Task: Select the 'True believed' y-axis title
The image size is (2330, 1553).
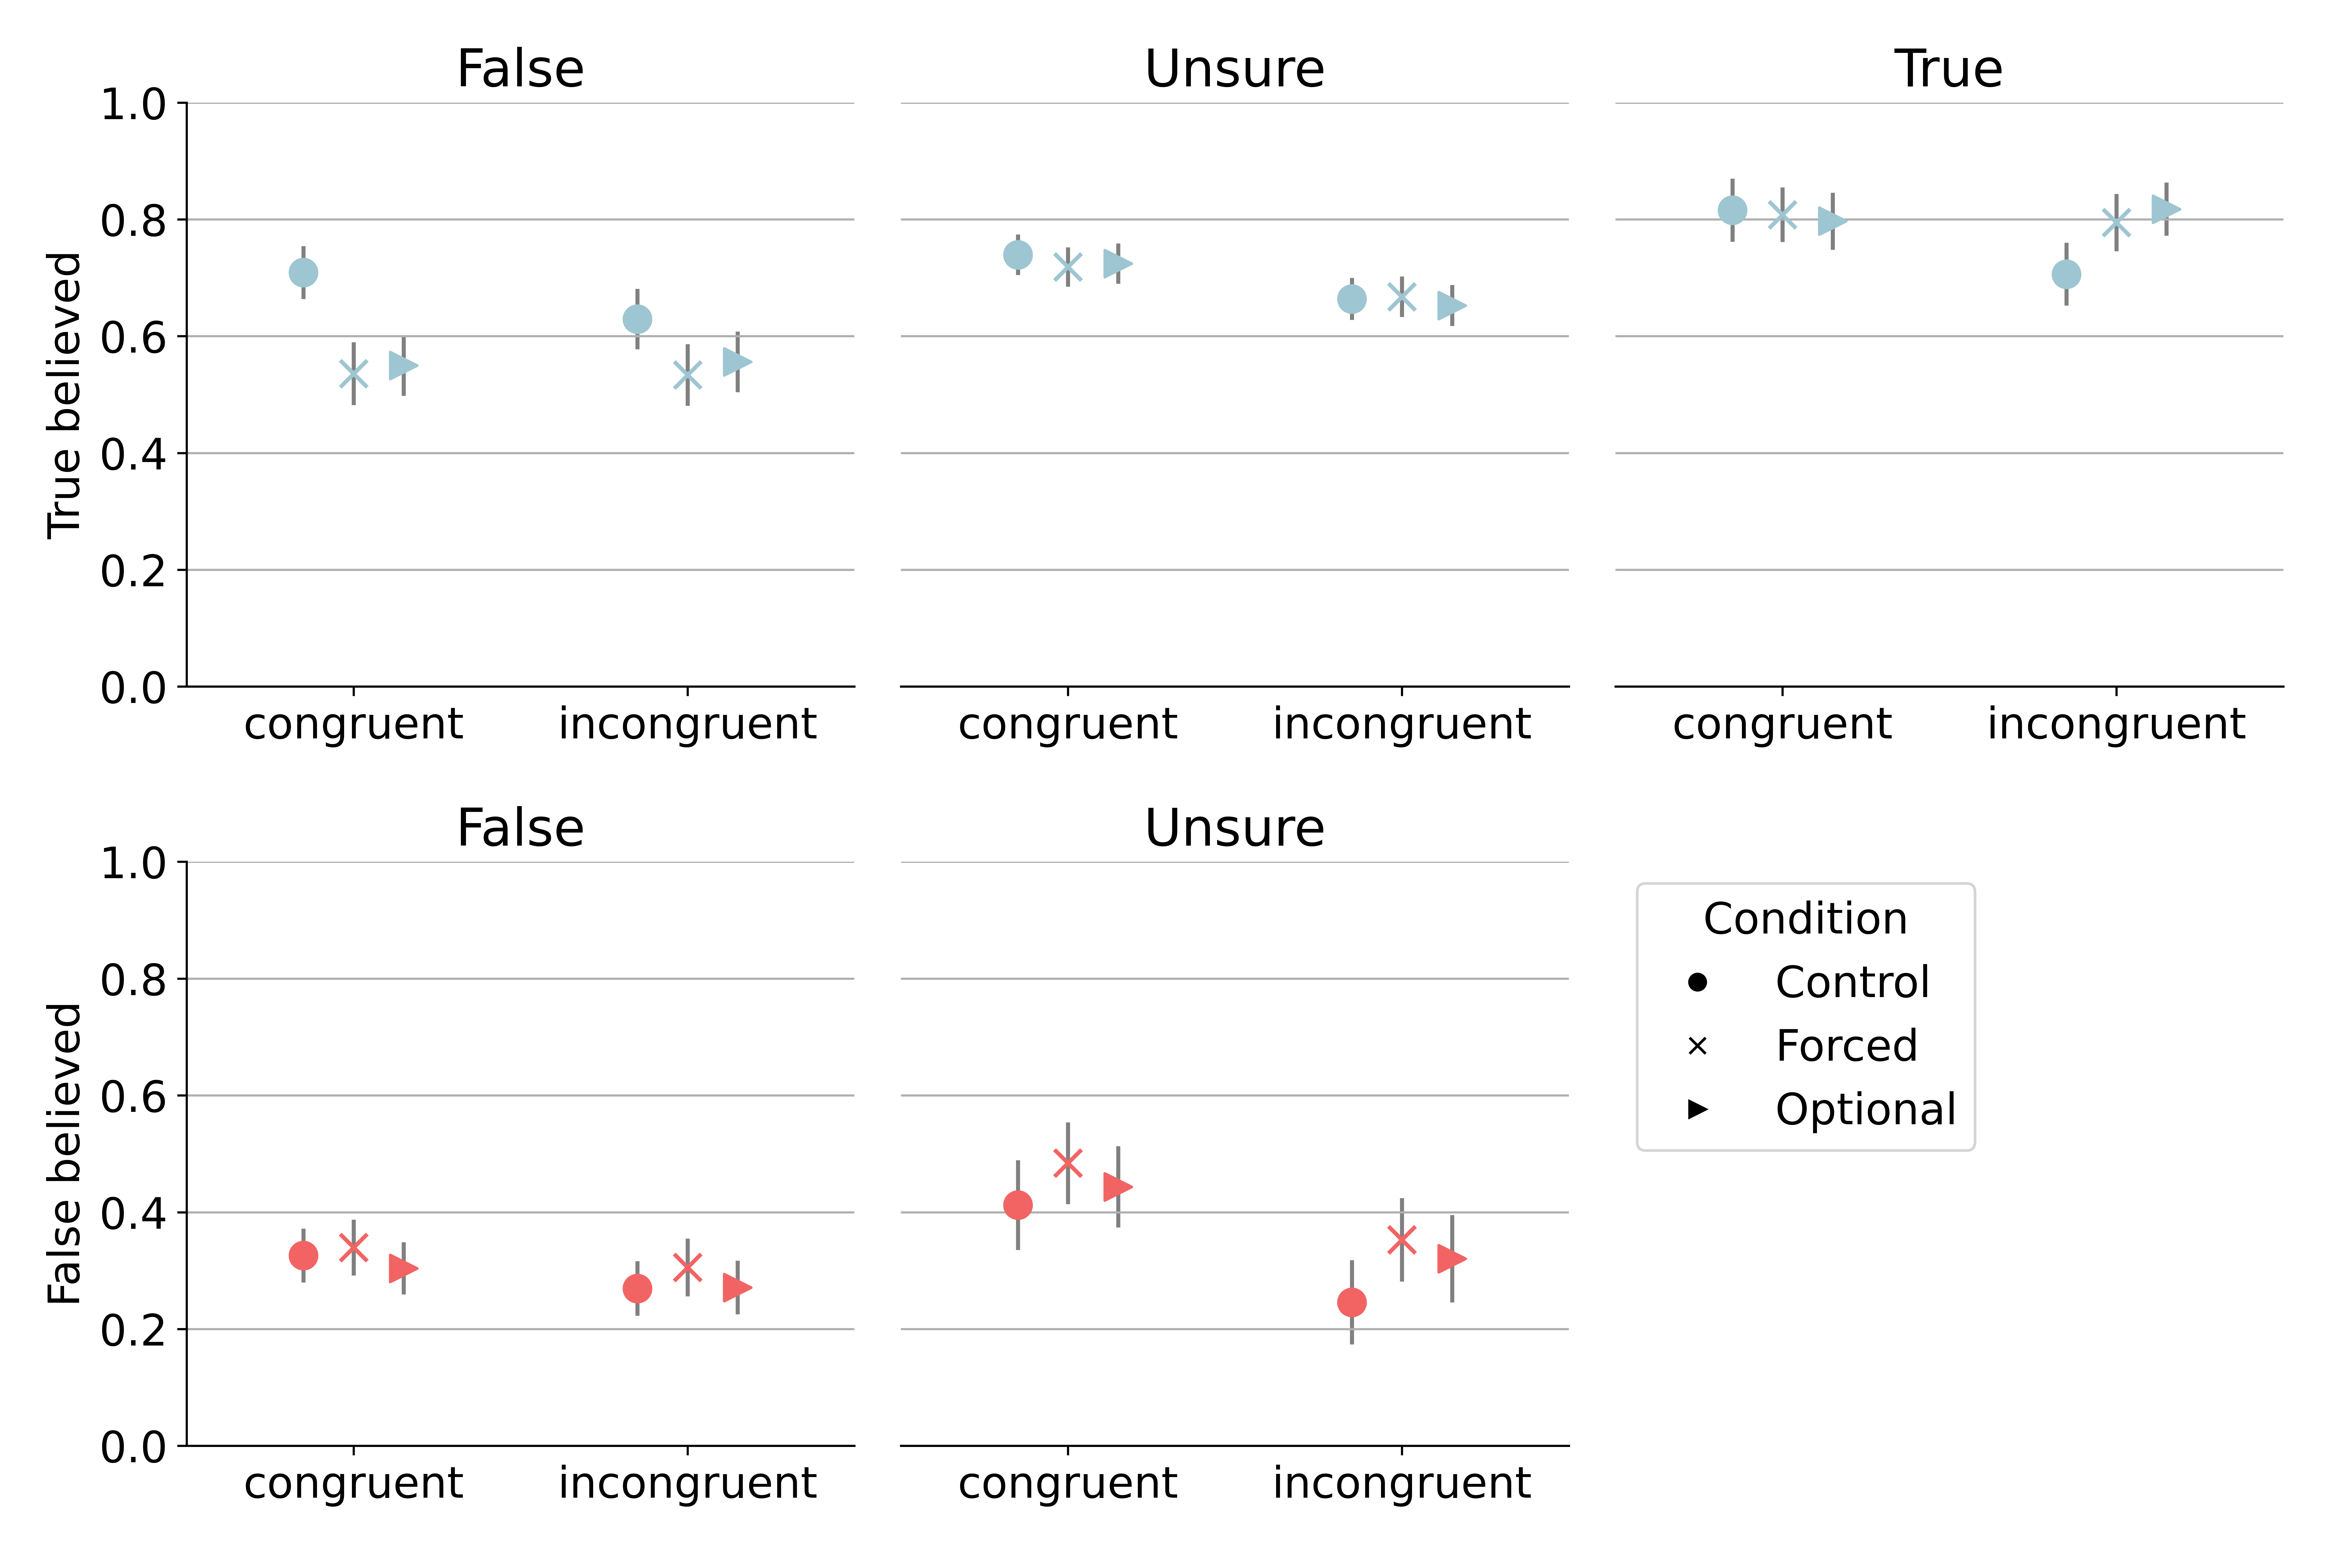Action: [x=64, y=395]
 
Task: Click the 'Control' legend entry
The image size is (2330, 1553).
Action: [x=1852, y=983]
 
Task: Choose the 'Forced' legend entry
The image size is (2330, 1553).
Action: [x=1846, y=1046]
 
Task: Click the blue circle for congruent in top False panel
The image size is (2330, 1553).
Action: [x=303, y=272]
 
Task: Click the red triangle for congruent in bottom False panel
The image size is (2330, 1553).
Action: [x=403, y=1268]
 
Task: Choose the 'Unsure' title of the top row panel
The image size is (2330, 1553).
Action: [x=1234, y=69]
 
